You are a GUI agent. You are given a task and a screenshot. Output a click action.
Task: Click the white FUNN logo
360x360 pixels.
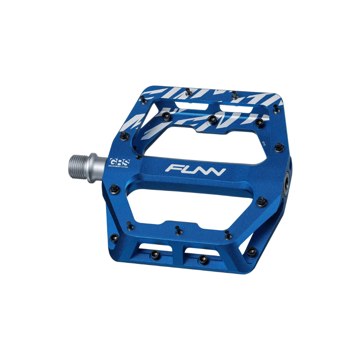(196, 169)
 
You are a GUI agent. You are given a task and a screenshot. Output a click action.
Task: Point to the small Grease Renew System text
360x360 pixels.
(118, 166)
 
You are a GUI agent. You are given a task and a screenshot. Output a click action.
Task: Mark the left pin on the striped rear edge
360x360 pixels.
(188, 93)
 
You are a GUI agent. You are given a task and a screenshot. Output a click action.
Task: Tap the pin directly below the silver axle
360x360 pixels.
(114, 187)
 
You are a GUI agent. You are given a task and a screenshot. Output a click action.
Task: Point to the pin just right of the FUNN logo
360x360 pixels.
(262, 201)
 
